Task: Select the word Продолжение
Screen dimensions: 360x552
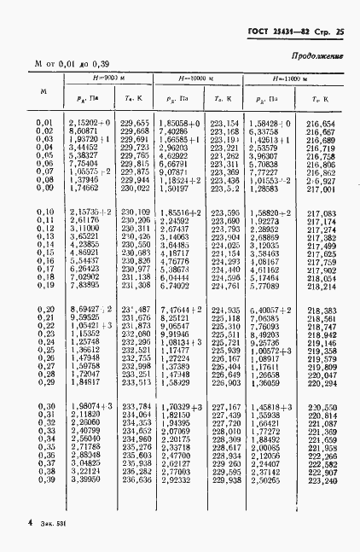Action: (316, 56)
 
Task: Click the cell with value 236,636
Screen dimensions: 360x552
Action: (136, 479)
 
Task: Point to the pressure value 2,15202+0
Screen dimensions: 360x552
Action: (88, 124)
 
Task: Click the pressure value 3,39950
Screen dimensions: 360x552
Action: (85, 479)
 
